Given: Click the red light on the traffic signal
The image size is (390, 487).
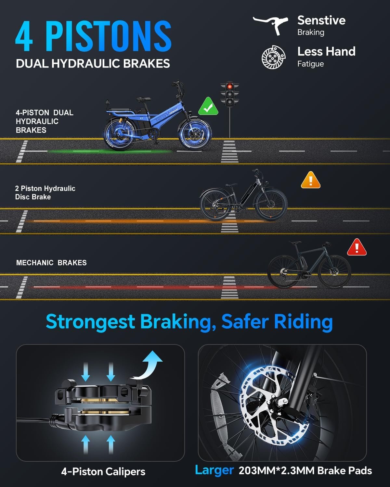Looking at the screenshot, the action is (230, 86).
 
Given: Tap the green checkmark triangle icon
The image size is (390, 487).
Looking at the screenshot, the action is (208, 107).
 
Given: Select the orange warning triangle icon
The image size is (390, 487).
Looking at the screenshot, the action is (310, 180).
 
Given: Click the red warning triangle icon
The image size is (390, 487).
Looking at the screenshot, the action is (357, 247).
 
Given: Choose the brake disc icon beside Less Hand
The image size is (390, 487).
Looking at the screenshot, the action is (274, 57).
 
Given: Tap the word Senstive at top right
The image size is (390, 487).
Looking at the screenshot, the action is (321, 20).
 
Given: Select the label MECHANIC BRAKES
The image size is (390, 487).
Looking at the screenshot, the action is (51, 263).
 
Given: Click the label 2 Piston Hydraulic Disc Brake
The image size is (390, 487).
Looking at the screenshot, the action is (45, 193).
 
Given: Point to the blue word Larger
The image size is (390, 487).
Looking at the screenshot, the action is (214, 470).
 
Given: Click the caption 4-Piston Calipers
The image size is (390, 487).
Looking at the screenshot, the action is (103, 472).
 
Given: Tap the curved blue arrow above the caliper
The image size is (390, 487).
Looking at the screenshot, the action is (149, 365).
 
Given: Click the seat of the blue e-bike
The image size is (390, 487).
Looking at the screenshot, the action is (143, 99).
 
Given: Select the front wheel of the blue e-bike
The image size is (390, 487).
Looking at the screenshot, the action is (195, 134).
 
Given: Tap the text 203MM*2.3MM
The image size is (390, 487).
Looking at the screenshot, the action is (277, 470).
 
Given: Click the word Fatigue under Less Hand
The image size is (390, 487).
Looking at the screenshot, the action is (310, 64).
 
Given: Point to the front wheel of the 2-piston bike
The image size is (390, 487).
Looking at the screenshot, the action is (271, 205).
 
